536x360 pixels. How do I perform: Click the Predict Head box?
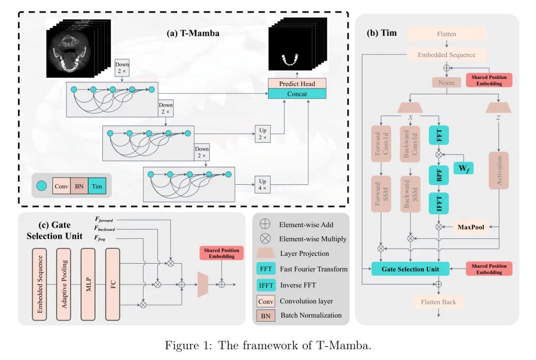coord(297,84)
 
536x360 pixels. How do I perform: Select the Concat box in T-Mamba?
coord(297,94)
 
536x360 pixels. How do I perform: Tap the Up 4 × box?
coord(262,185)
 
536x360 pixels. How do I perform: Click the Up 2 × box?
coord(262,134)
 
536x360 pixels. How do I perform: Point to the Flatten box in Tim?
coord(447,34)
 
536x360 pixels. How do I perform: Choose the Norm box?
coord(447,83)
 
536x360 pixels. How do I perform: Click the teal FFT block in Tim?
coord(439,135)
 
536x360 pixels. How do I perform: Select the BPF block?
coord(439,175)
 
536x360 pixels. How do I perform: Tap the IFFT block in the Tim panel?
coord(439,203)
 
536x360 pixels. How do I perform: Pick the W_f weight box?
coord(463,168)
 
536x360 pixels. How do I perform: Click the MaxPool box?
coord(470,227)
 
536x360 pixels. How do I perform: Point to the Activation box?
coord(499,170)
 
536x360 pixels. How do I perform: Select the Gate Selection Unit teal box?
coord(410,269)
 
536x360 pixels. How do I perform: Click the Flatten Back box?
coord(438,302)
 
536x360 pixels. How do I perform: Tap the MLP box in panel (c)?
coord(88,284)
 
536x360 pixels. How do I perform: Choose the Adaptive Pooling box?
coord(64,284)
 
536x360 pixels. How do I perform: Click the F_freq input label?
coord(100,238)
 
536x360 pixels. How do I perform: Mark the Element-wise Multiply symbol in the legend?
coord(265,239)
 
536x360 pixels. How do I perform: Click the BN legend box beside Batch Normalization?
coord(266,316)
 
